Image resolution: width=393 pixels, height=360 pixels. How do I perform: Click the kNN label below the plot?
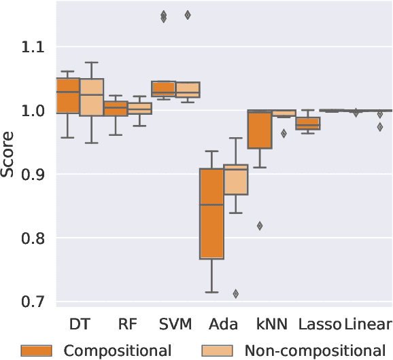pos(271,323)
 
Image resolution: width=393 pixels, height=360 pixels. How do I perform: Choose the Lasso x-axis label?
pos(318,323)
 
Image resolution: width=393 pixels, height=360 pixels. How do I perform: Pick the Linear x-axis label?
pos(368,323)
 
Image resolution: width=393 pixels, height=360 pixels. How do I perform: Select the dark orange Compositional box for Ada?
pos(211,213)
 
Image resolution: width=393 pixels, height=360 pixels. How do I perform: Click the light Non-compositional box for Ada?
pos(236,179)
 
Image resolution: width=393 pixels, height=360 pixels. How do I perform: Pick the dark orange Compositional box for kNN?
pos(259,129)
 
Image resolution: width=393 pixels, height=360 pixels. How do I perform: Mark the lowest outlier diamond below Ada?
pos(236,294)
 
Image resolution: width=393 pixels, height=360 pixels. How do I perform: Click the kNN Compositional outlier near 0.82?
pos(259,226)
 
